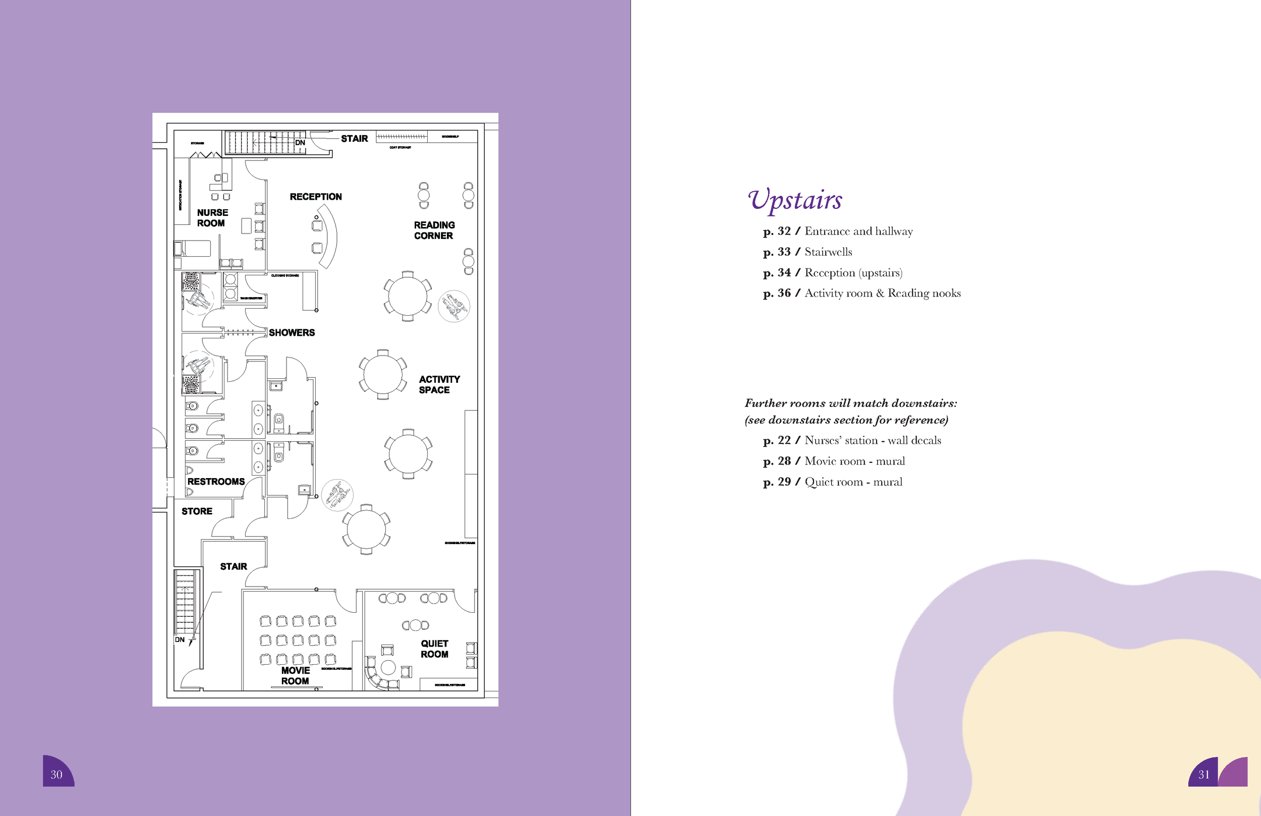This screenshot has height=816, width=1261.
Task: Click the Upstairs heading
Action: (x=794, y=200)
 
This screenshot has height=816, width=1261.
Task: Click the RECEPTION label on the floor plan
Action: (x=315, y=197)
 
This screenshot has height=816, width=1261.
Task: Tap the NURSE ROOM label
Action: (x=212, y=218)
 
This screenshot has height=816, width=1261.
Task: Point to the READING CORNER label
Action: (x=434, y=230)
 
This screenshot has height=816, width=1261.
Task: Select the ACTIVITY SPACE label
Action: (x=439, y=385)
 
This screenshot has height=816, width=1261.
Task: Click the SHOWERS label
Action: (x=292, y=333)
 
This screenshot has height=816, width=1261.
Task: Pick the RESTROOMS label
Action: (x=216, y=482)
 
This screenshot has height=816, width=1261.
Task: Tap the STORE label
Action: (x=197, y=511)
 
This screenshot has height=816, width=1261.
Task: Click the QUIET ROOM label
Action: (x=434, y=649)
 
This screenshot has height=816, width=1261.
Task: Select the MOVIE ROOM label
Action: (x=295, y=676)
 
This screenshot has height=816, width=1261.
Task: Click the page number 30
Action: (x=56, y=775)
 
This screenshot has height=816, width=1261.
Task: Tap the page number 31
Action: (x=1204, y=775)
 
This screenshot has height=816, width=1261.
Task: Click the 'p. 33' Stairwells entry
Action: (x=808, y=252)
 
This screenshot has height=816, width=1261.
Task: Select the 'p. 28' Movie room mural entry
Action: (x=834, y=461)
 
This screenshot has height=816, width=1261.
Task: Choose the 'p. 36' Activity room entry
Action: (x=862, y=294)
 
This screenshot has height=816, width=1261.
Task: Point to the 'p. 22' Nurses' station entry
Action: (x=852, y=441)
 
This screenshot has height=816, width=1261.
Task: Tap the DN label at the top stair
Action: (x=300, y=143)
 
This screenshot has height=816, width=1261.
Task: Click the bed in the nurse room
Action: (x=193, y=249)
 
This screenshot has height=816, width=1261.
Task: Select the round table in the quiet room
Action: (x=388, y=667)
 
